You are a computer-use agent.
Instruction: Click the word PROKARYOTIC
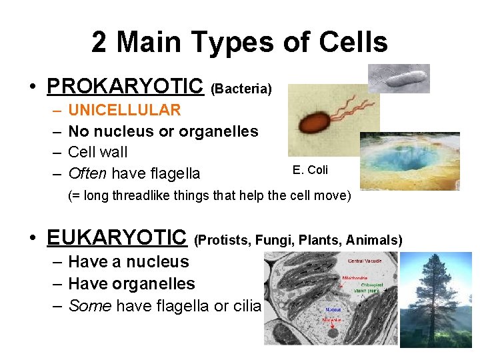pos(125,86)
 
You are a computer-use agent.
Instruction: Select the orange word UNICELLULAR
pos(125,110)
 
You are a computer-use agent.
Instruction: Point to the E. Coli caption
pos(310,170)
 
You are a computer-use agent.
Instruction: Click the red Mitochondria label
pos(355,277)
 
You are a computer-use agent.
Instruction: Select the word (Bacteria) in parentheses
pos(241,88)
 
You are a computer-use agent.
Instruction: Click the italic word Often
pos(87,174)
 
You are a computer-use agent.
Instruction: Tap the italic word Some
pos(89,306)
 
